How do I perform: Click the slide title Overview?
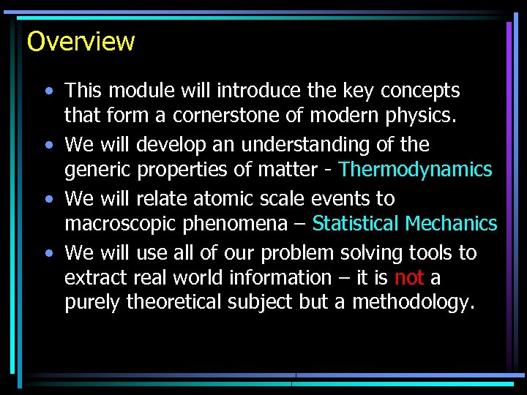pyautogui.click(x=81, y=41)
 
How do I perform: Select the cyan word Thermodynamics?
pyautogui.click(x=416, y=170)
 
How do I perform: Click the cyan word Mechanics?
pyautogui.click(x=452, y=224)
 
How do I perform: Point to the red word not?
pyautogui.click(x=408, y=278)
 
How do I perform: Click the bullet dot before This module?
pyautogui.click(x=48, y=91)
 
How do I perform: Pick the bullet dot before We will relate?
pyautogui.click(x=48, y=199)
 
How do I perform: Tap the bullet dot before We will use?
pyautogui.click(x=48, y=253)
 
